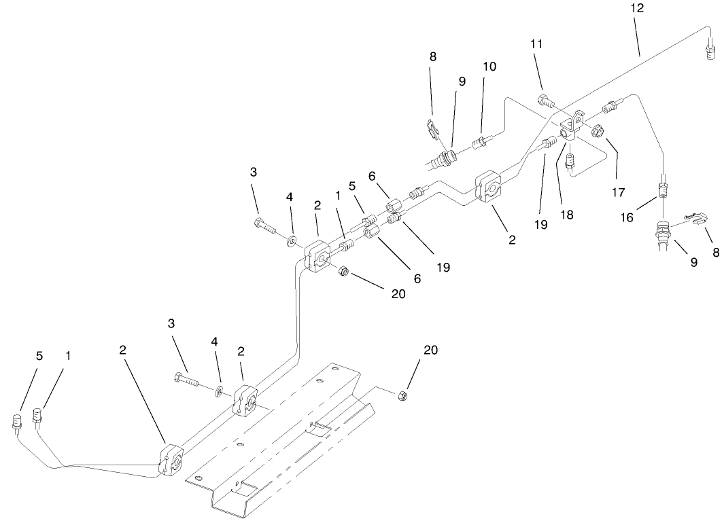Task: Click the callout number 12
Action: coord(637,8)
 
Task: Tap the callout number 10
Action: coord(489,67)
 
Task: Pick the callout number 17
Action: coord(617,192)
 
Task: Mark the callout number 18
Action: coord(566,214)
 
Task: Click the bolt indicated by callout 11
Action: coord(545,102)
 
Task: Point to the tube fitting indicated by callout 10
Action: coord(480,141)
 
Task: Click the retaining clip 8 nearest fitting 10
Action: coord(432,128)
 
